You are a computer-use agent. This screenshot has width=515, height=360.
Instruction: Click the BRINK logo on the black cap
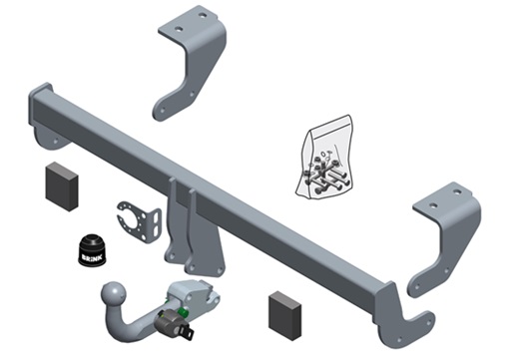click(92, 258)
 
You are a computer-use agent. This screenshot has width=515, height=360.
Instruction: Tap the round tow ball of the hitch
click(115, 294)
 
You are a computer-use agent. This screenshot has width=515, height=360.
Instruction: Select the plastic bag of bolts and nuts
click(324, 158)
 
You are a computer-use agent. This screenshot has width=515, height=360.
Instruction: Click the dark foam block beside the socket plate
click(62, 186)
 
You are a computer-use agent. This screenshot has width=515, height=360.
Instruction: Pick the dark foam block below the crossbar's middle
click(285, 316)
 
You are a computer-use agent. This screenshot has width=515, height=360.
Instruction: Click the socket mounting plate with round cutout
click(140, 221)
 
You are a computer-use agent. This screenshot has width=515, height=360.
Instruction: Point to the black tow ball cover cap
click(93, 250)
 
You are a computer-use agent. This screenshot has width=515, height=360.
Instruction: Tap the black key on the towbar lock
click(189, 332)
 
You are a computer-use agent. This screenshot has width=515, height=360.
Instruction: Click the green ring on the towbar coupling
click(183, 312)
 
